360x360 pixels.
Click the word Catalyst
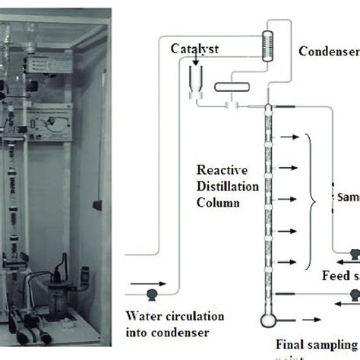(x=195, y=48)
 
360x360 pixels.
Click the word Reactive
(x=219, y=169)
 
